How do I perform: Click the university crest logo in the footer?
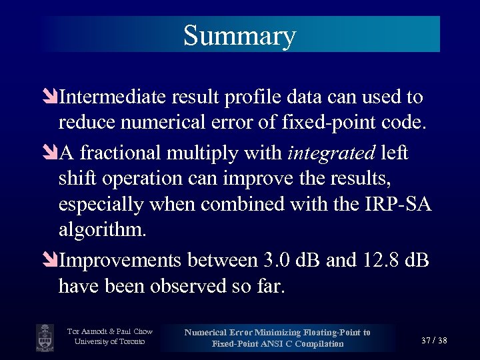click(45, 337)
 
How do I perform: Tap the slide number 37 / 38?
click(434, 341)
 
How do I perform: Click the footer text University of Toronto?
click(110, 342)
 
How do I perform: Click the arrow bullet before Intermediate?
click(52, 98)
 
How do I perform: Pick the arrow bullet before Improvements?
click(52, 259)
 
